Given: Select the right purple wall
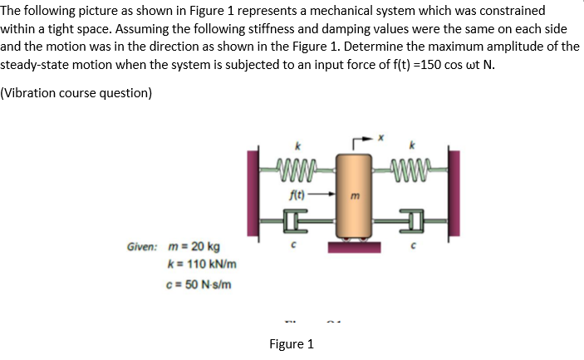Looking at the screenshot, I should (453, 198).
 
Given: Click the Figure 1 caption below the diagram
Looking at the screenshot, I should (292, 344).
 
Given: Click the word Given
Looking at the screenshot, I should (144, 248).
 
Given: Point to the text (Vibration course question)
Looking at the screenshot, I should (76, 93).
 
